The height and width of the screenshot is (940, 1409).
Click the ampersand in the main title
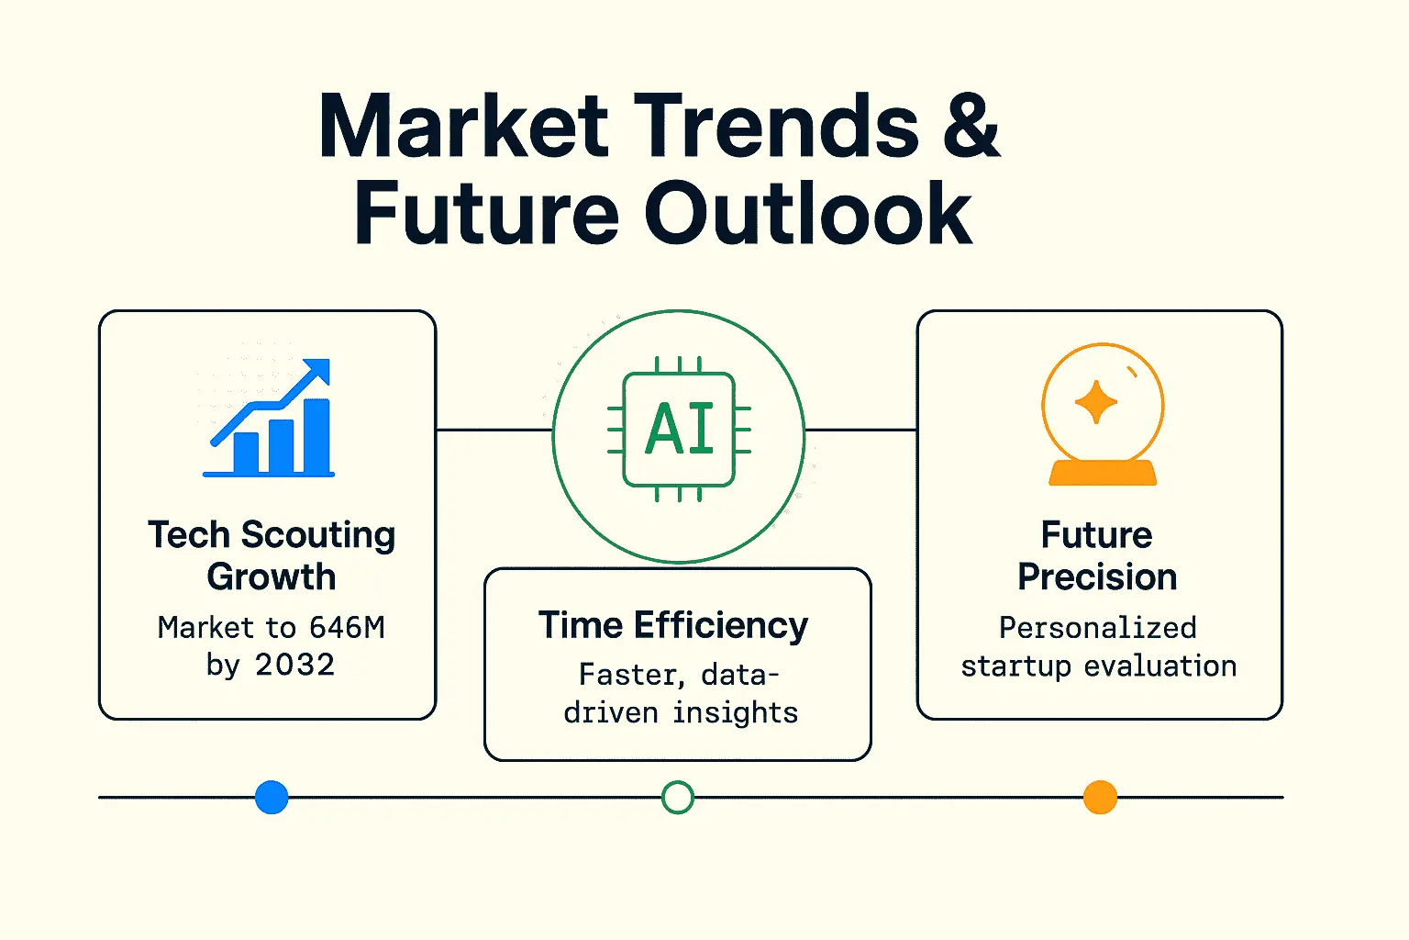tap(971, 124)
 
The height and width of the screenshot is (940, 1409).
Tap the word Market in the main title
tap(463, 124)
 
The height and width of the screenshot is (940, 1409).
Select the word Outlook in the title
tap(808, 212)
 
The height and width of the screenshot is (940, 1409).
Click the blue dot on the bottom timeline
tap(272, 797)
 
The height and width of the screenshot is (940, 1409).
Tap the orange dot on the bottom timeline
tap(1100, 797)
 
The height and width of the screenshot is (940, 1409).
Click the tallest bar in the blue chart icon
tap(317, 436)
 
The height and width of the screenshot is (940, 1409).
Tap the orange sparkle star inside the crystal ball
tap(1096, 402)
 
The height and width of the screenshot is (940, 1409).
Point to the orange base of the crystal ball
tap(1102, 473)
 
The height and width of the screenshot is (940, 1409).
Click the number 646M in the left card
tap(347, 627)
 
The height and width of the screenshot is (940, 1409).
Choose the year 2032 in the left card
tap(294, 665)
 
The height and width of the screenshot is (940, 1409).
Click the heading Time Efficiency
tap(673, 626)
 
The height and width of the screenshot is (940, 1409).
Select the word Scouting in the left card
tap(318, 536)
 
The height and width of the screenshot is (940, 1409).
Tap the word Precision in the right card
tap(1098, 576)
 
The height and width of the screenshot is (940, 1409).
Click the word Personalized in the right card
tap(1098, 628)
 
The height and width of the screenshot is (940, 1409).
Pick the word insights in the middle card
tap(736, 713)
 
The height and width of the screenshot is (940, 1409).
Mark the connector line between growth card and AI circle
tap(494, 430)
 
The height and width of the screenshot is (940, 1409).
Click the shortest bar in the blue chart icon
tap(246, 453)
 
